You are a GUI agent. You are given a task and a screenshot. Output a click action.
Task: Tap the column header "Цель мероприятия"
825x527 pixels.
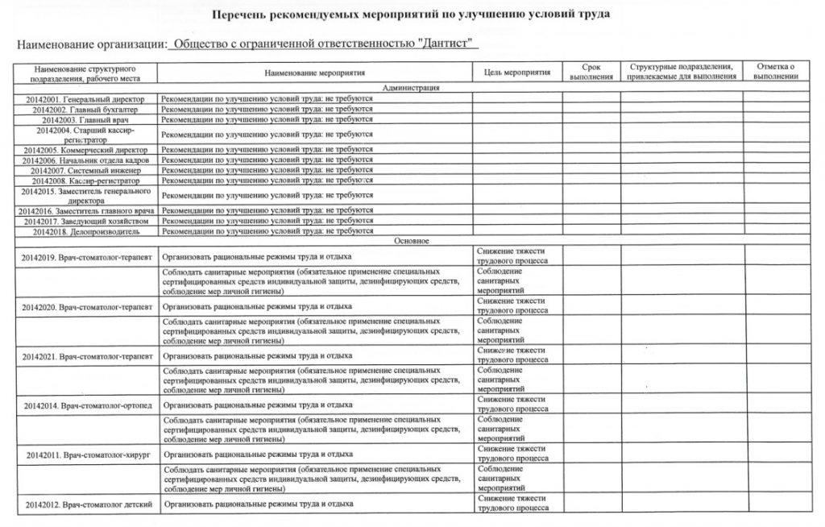click(516, 73)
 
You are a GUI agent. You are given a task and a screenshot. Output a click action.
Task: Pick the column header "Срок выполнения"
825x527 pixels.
click(590, 71)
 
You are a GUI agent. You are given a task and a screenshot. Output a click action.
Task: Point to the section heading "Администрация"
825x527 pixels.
click(411, 87)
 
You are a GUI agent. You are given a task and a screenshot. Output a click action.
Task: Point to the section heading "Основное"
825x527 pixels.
click(411, 241)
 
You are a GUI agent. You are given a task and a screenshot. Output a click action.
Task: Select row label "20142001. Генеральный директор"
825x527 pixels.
click(85, 98)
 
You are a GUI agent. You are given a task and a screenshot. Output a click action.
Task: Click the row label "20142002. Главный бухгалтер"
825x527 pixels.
click(85, 109)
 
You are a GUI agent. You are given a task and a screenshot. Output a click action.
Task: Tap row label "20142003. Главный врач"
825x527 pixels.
click(85, 120)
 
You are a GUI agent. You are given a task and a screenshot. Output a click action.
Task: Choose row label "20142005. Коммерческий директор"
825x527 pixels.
click(85, 150)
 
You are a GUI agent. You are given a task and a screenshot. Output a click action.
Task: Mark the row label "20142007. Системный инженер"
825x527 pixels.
click(85, 170)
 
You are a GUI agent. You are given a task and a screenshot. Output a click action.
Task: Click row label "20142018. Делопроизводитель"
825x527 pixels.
click(85, 231)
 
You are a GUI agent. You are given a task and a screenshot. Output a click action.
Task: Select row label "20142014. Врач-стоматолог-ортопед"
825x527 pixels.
click(85, 405)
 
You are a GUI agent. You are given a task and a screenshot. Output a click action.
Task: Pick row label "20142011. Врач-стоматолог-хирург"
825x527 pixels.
click(85, 454)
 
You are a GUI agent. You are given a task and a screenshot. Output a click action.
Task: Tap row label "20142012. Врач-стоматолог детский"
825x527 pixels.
click(85, 504)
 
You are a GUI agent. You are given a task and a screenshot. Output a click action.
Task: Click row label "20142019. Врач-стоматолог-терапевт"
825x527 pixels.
click(85, 256)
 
